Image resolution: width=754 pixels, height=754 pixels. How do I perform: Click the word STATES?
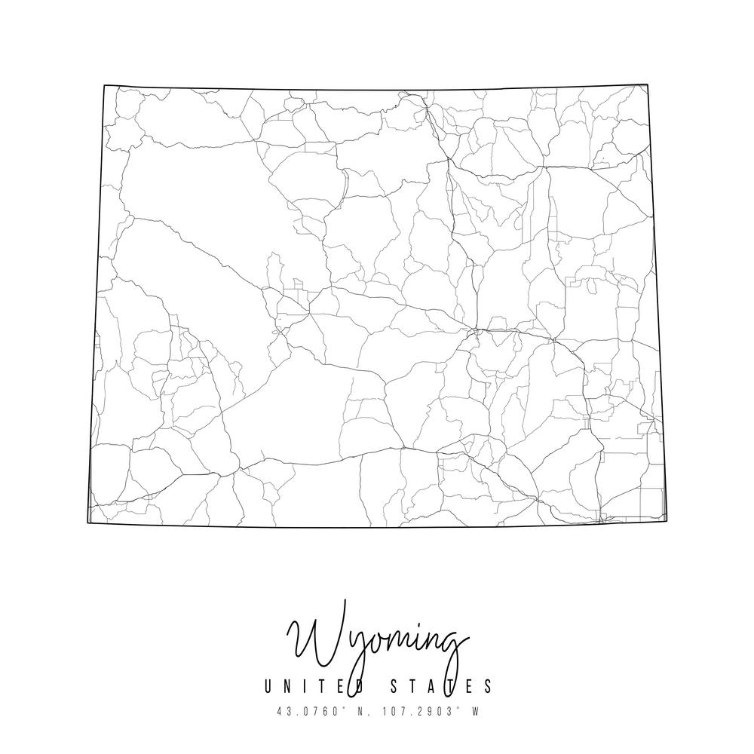(x=445, y=686)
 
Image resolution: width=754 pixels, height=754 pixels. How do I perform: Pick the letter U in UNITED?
(x=268, y=686)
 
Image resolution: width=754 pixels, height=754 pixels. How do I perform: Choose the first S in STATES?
(x=401, y=686)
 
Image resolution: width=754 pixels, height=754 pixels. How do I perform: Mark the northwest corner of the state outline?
(x=104, y=85)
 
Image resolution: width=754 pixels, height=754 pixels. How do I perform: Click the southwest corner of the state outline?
(x=88, y=522)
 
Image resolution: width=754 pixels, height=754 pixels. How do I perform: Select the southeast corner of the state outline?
(x=667, y=521)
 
